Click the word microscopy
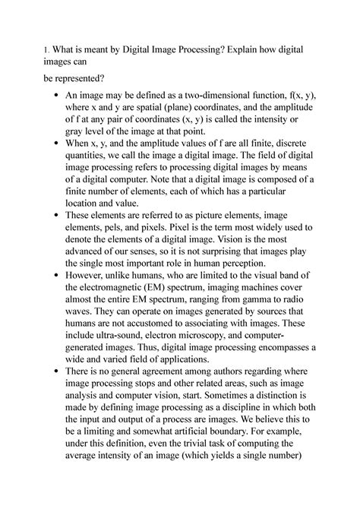click(x=217, y=352)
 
